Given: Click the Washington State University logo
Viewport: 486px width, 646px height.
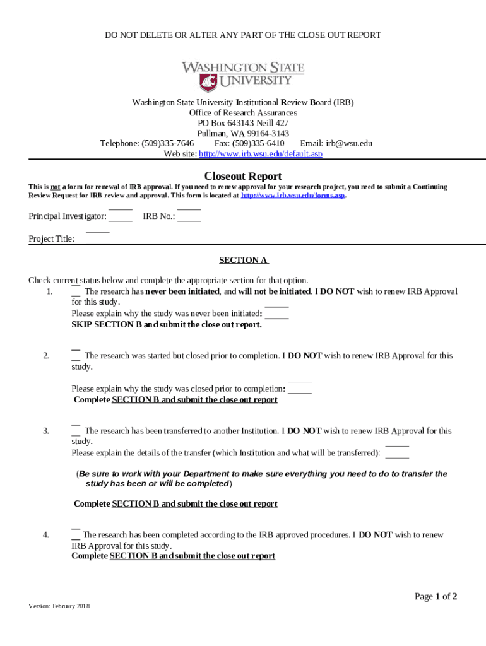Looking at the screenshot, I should pos(243,76).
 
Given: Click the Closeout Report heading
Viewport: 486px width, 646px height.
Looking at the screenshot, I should pos(243,176).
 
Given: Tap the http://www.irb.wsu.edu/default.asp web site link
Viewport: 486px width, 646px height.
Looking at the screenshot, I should pos(261,154).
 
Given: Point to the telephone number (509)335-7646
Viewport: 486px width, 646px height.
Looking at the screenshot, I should pos(167,143).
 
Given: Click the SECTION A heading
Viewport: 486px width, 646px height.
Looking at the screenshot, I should pos(244,260).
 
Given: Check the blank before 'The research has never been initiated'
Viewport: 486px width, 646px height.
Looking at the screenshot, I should pos(76,292).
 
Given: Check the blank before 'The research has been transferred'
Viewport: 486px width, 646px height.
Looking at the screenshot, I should pos(76,432).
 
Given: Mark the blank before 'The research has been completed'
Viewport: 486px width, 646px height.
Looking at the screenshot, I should pos(76,535).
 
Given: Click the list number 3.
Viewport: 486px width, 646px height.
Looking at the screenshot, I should pos(46,432).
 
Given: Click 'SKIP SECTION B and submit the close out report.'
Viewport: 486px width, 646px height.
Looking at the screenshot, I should pos(167,325).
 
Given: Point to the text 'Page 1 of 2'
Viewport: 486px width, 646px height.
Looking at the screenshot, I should pos(436,596).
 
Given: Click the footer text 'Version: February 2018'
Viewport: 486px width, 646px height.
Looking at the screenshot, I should pos(59,606).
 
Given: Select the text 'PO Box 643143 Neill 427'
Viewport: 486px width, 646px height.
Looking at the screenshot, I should pos(243,123).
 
